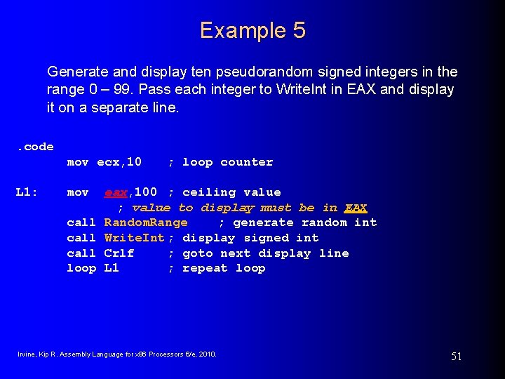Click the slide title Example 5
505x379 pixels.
click(252, 31)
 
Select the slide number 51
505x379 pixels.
click(456, 357)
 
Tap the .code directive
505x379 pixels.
click(35, 147)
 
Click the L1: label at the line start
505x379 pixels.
click(27, 192)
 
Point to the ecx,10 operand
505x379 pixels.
click(119, 162)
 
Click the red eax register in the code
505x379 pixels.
click(117, 192)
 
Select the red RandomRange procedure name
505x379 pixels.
click(146, 222)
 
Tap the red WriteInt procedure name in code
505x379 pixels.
click(134, 238)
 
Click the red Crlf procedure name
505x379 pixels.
click(119, 253)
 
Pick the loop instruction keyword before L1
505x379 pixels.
click(81, 268)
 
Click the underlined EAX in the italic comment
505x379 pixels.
click(356, 208)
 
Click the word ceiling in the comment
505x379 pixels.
click(210, 192)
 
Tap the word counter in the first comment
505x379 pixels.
click(246, 162)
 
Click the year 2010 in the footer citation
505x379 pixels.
click(208, 354)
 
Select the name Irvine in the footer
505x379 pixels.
click(27, 354)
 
